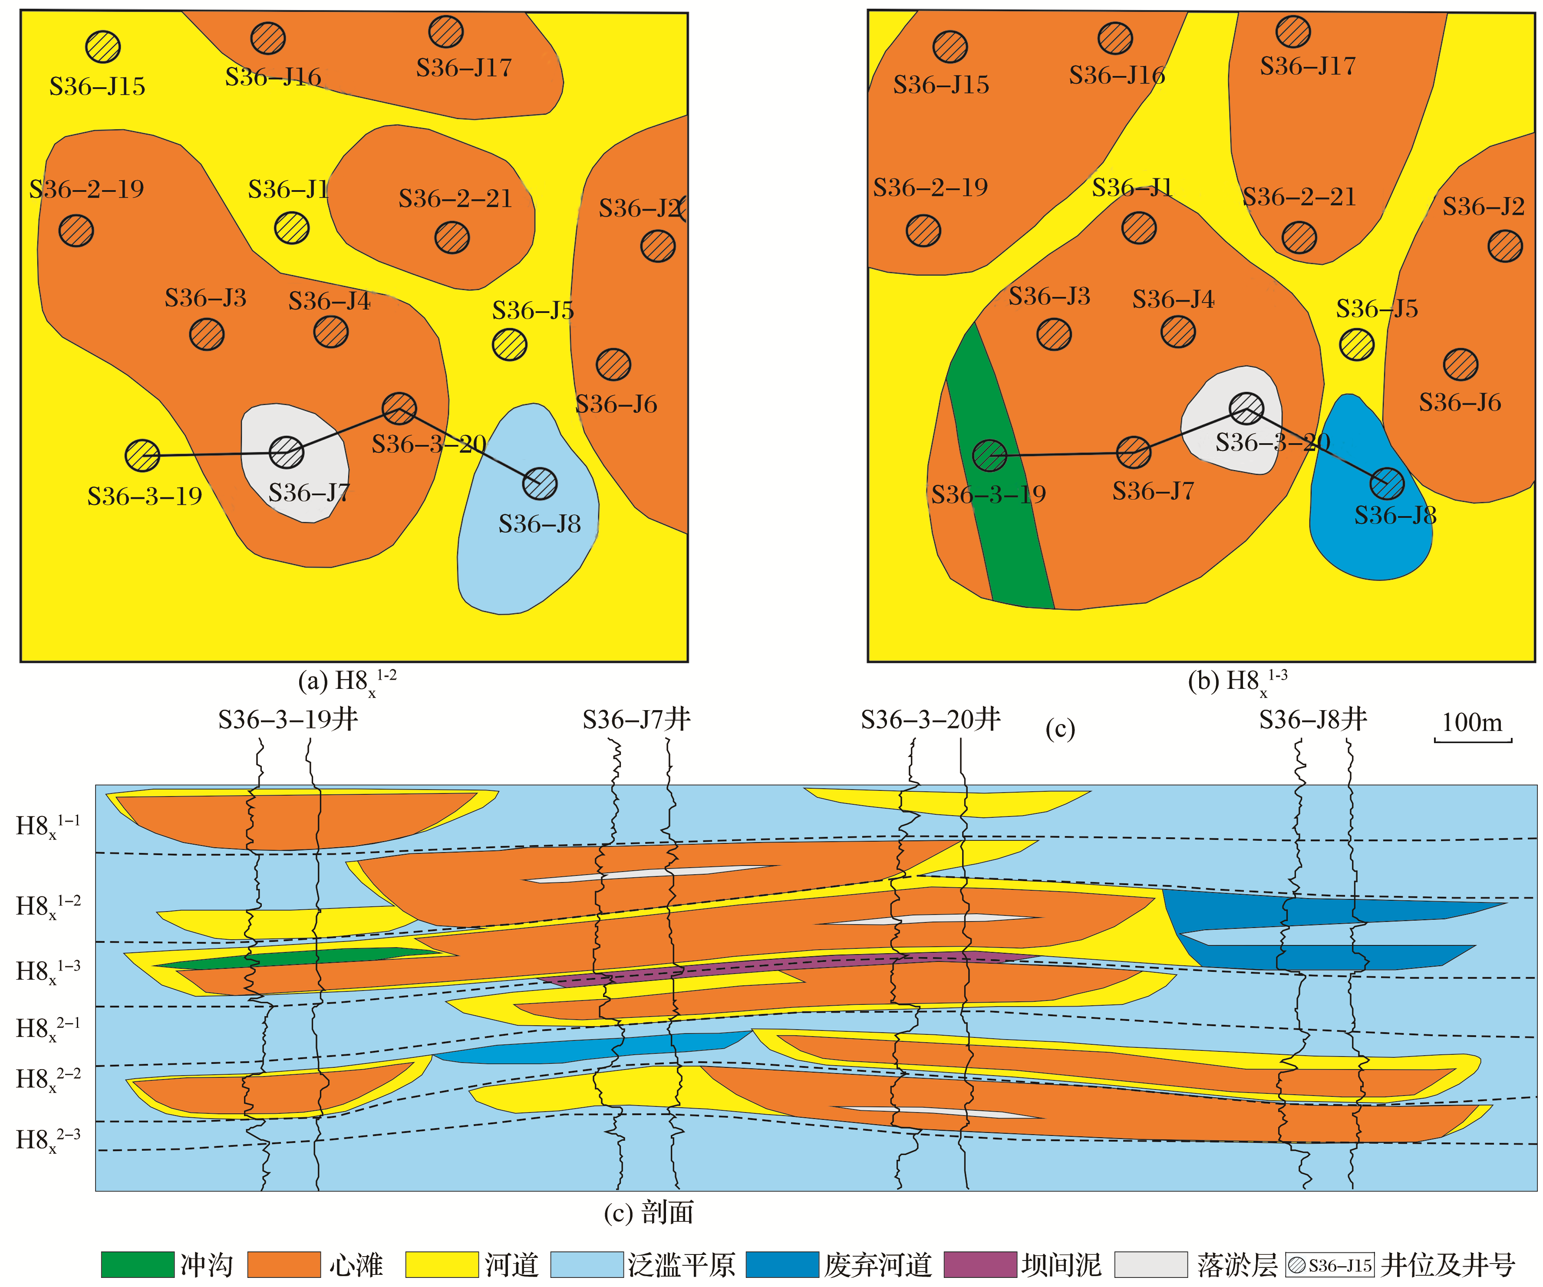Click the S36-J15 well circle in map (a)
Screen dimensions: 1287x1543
(x=103, y=47)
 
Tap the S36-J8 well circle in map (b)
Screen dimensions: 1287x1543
(x=1387, y=484)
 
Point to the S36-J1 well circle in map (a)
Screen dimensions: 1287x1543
(x=292, y=228)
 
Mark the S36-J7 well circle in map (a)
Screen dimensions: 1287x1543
(x=287, y=452)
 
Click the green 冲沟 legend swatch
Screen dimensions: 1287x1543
(x=137, y=1265)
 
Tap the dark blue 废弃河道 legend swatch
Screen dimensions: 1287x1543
(x=782, y=1265)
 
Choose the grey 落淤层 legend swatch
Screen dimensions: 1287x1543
(x=1151, y=1265)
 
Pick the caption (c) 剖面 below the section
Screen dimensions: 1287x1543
(x=649, y=1213)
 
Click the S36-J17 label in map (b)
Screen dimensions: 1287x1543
(x=1307, y=66)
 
